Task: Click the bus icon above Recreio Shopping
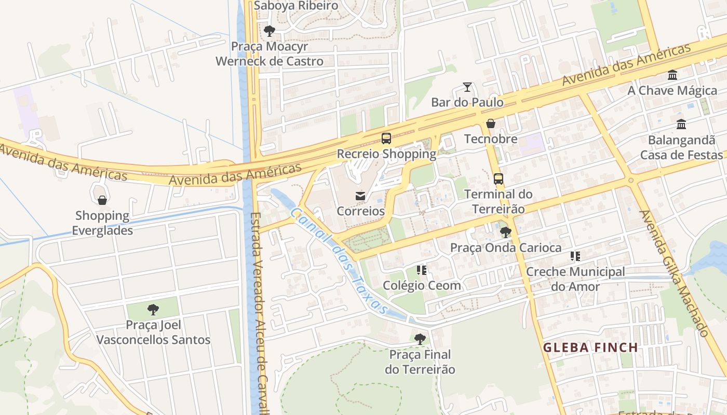(x=386, y=138)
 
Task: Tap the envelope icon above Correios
(x=360, y=196)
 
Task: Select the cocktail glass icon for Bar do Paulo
(x=467, y=87)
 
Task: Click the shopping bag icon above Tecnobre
(x=490, y=123)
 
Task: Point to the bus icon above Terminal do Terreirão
(x=498, y=179)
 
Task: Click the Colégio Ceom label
(x=422, y=285)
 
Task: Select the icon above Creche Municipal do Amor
(x=575, y=256)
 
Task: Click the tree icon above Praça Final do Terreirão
(x=420, y=339)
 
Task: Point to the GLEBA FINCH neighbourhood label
(x=590, y=348)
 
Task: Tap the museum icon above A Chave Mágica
(x=672, y=75)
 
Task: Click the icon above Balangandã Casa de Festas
(x=681, y=125)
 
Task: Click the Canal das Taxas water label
(x=340, y=261)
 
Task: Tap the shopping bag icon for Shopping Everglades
(x=102, y=200)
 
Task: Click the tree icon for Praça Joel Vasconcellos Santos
(x=153, y=310)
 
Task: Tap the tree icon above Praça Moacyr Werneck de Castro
(x=269, y=31)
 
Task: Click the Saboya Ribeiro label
(x=296, y=6)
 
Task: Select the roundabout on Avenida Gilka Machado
(x=631, y=180)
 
